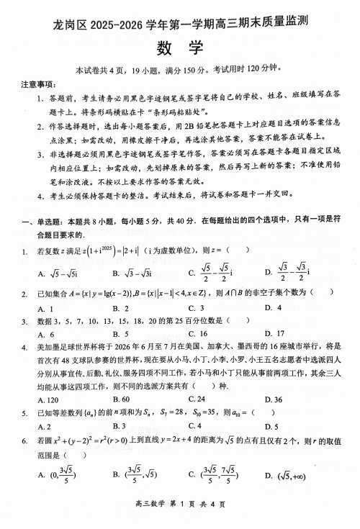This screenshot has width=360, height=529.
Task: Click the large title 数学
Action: (179, 48)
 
